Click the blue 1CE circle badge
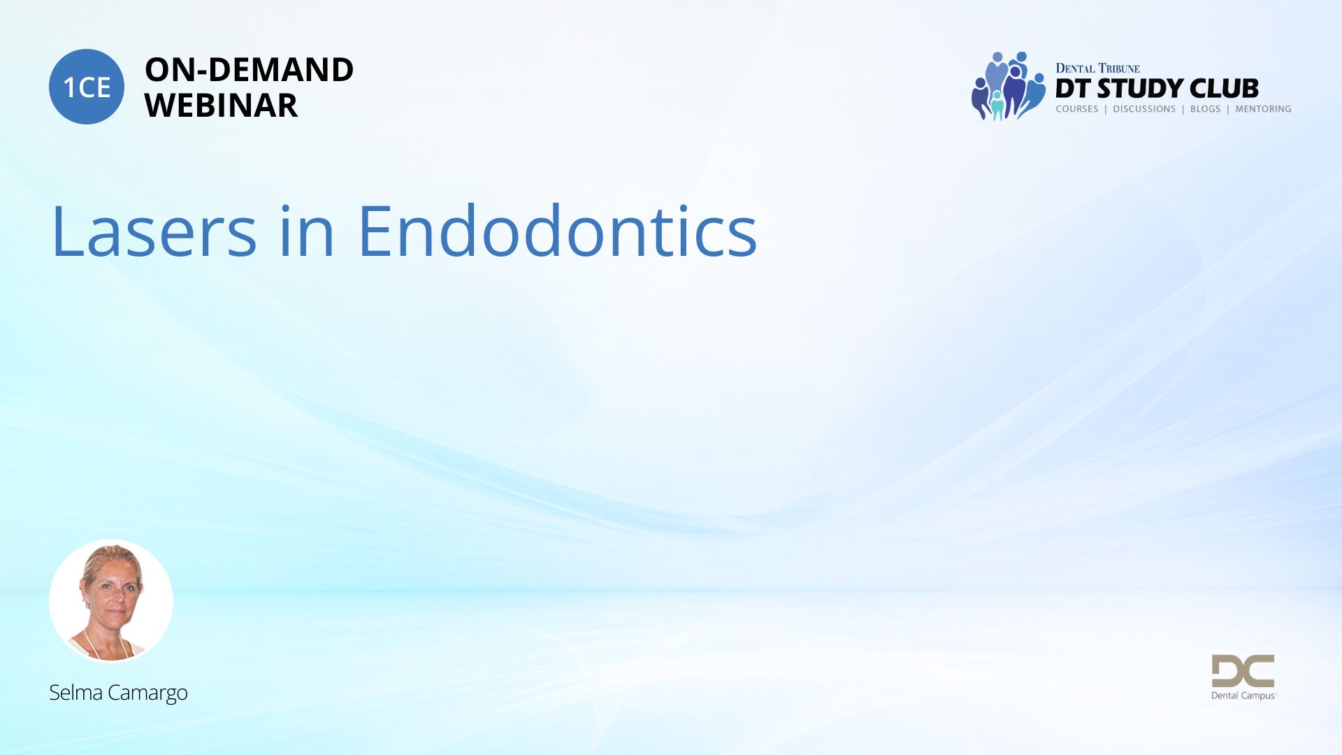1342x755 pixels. pos(87,87)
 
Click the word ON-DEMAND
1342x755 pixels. pos(249,70)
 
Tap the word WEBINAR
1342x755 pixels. pos(221,106)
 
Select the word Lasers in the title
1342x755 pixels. pos(154,231)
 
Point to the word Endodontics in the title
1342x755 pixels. pos(558,230)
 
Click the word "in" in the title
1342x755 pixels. pos(307,230)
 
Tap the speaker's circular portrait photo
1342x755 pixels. pos(111,601)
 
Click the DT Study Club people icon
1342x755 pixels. pos(1008,86)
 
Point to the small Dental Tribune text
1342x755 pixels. pos(1097,68)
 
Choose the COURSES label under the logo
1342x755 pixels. pos(1077,109)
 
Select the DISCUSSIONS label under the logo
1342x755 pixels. pos(1144,109)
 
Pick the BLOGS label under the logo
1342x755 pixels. pos(1205,109)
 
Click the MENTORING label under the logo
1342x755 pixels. pos(1263,109)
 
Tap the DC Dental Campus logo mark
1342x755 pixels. pos(1243,671)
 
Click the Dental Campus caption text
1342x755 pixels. pos(1243,696)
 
